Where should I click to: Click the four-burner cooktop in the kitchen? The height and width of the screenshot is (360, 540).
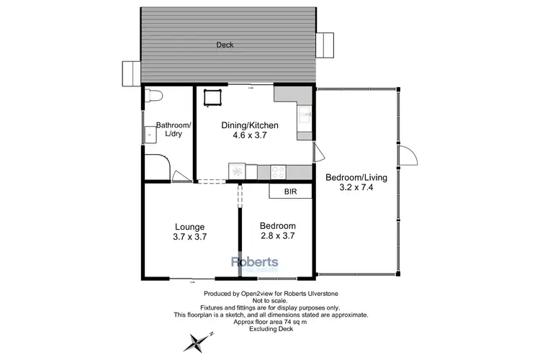click(278, 171)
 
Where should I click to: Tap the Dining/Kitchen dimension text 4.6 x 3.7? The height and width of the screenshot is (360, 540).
click(248, 135)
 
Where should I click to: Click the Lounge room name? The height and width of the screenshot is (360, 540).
click(190, 226)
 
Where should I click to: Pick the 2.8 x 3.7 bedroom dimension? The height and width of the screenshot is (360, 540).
click(277, 235)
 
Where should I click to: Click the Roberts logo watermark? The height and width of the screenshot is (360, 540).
click(253, 264)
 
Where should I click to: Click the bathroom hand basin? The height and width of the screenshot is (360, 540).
click(150, 133)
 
